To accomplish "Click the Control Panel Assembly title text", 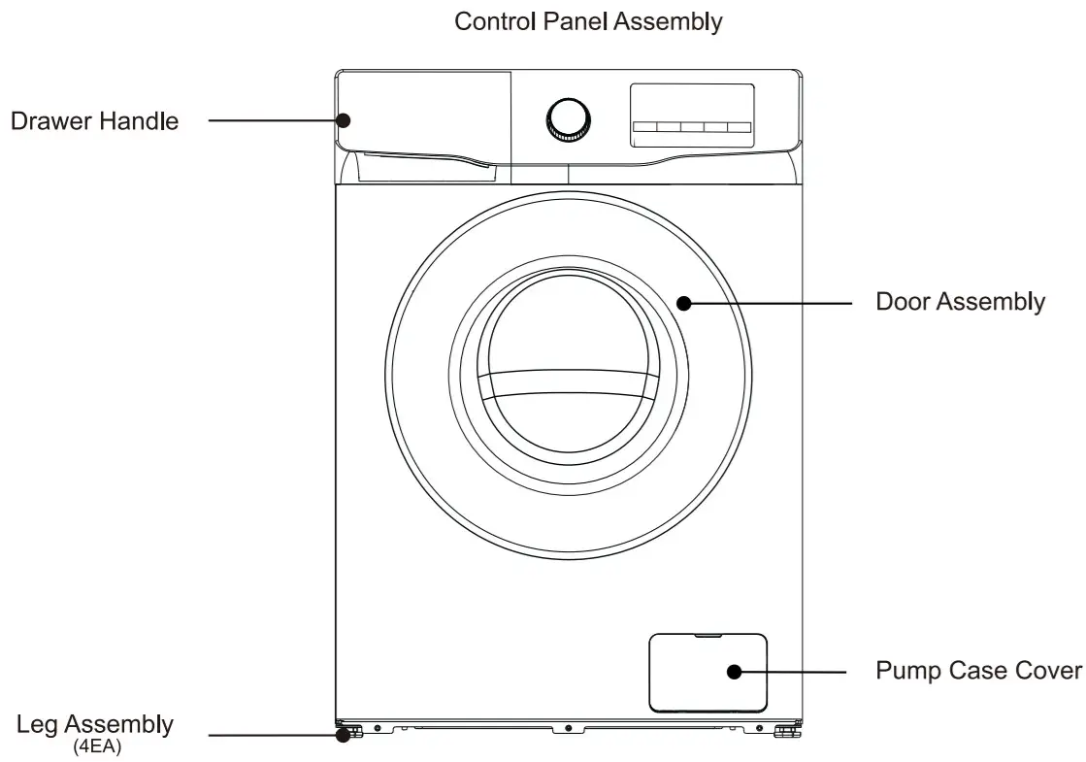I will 588,22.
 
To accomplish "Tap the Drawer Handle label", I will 94,121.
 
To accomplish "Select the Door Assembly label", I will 960,302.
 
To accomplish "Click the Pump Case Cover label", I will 978,671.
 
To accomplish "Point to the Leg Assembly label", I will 95,724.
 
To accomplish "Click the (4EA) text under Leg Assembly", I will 97,747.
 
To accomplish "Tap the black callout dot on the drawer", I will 344,120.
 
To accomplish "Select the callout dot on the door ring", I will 683,303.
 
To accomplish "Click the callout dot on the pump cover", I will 734,672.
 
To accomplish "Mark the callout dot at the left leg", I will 343,735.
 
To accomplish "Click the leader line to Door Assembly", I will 767,303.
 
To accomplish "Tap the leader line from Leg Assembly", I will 272,735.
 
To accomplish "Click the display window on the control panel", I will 692,103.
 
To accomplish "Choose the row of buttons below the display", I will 692,127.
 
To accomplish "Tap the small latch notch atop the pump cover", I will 708,637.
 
